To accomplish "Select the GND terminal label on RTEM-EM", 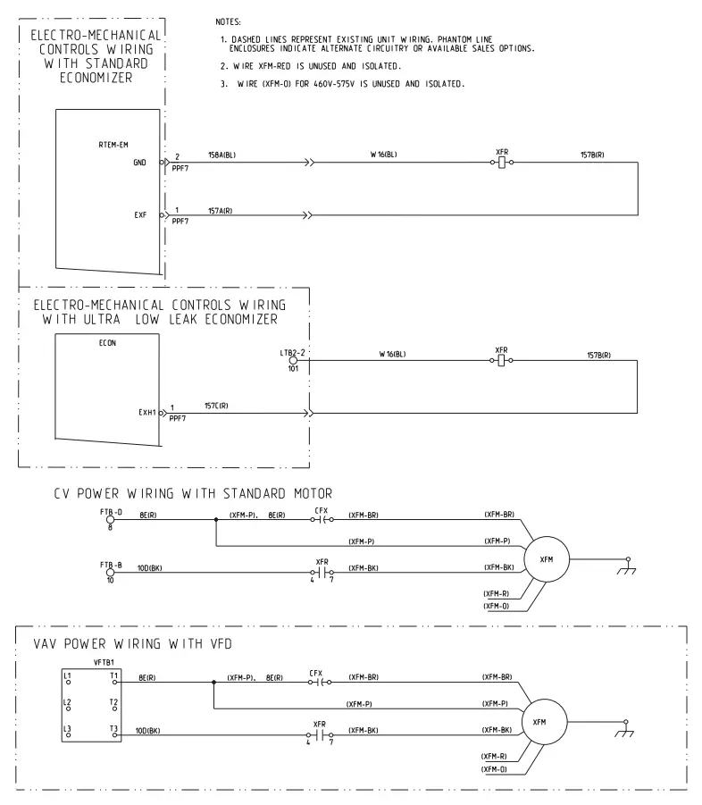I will click(140, 163).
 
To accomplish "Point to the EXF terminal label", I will click(140, 215).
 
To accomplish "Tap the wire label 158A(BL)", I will click(221, 155).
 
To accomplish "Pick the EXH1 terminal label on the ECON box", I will click(147, 414).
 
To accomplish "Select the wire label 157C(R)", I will click(216, 407).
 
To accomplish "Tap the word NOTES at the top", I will click(230, 21).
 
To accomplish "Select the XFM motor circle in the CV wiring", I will click(546, 558).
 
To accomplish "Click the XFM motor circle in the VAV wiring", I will click(539, 721).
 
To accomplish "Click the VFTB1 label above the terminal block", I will click(105, 662).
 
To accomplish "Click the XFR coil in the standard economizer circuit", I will click(502, 164).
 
